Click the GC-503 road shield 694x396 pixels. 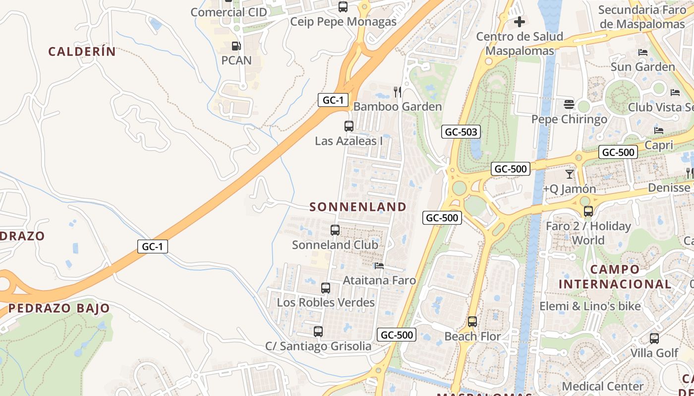[x=461, y=132]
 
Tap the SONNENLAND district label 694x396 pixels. [x=358, y=207]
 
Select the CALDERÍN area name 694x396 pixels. [x=82, y=51]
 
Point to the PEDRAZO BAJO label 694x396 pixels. [x=59, y=308]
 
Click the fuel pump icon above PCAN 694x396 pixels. [x=236, y=46]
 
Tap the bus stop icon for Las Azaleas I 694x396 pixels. [x=349, y=126]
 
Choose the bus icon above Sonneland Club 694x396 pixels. [x=335, y=230]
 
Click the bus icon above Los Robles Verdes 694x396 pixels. [x=326, y=288]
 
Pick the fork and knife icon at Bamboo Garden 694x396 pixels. [x=398, y=92]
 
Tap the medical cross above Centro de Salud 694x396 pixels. [x=520, y=22]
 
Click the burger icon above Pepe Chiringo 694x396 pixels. [x=569, y=104]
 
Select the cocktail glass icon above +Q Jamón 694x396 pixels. [x=569, y=174]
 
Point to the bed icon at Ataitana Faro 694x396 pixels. [x=379, y=266]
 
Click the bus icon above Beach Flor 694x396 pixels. [x=472, y=322]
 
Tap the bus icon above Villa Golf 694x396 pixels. [x=654, y=339]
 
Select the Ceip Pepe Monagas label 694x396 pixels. [x=343, y=22]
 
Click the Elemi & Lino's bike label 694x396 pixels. [x=590, y=306]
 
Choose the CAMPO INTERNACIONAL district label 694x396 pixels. [x=615, y=277]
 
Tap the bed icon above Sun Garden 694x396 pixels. [x=643, y=52]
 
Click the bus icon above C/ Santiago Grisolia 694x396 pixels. [x=318, y=332]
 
